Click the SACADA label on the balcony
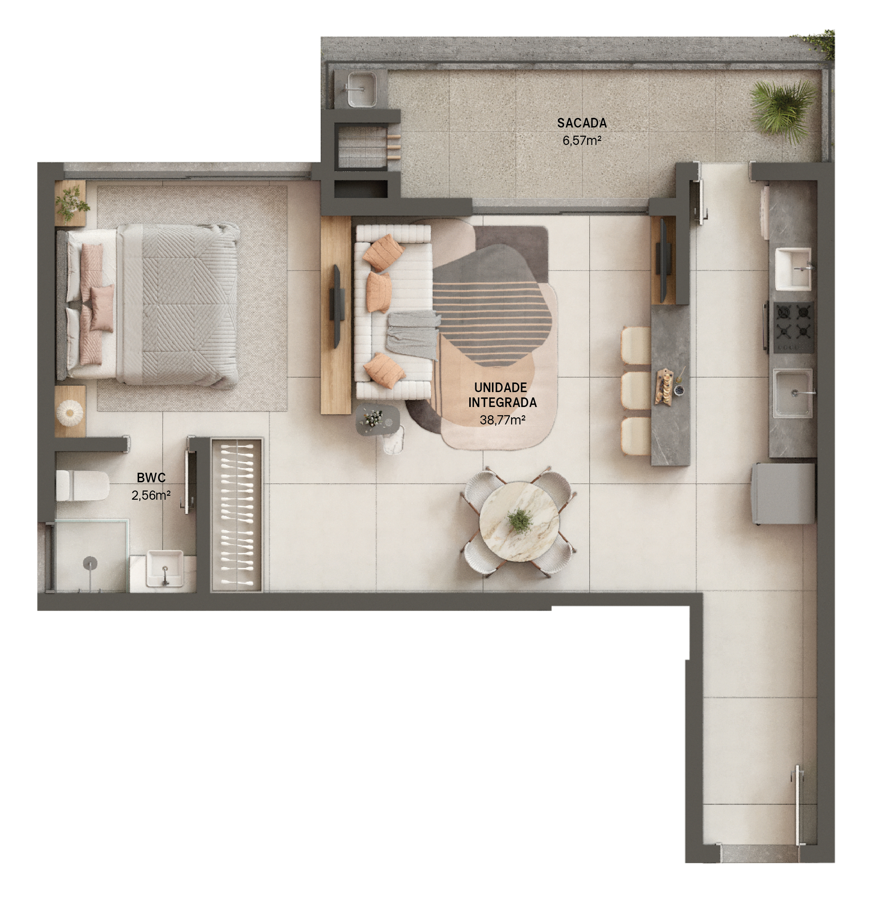[581, 123]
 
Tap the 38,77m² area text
[502, 420]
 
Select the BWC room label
[151, 478]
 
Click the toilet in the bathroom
[83, 485]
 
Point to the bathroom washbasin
[164, 568]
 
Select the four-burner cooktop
[794, 327]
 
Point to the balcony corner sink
[361, 89]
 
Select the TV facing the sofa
[337, 306]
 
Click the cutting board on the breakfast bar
[664, 387]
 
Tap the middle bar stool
[636, 390]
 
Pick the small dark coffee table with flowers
[377, 419]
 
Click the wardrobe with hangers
[236, 514]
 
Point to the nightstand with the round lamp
[70, 411]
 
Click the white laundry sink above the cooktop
[793, 269]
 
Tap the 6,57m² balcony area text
[582, 140]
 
